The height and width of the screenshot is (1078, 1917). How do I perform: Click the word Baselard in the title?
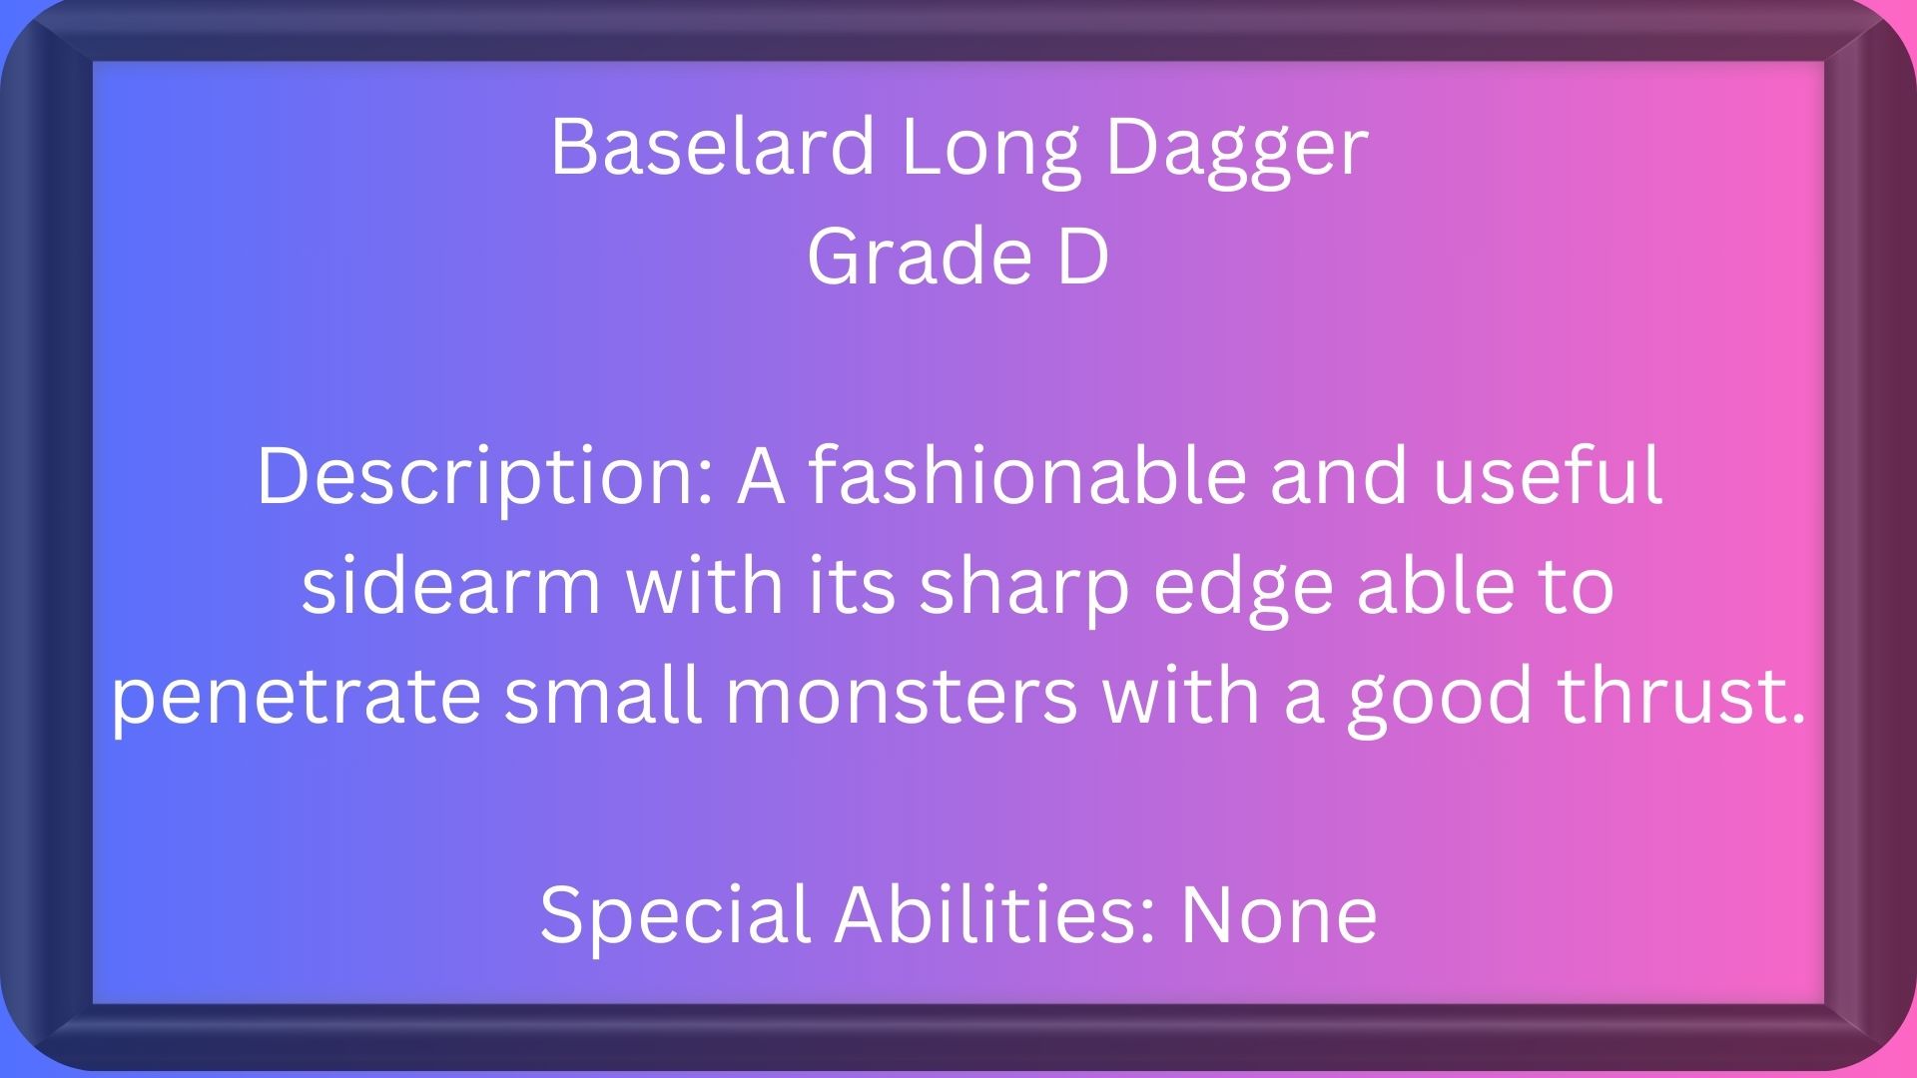coord(713,147)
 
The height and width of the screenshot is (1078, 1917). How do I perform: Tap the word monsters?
coord(902,697)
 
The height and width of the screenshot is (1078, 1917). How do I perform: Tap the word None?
coord(1279,915)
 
